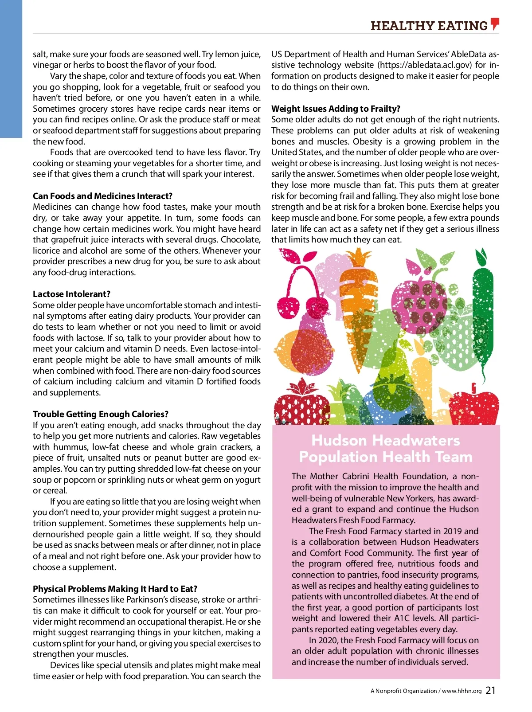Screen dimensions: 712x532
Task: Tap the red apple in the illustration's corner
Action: [473, 406]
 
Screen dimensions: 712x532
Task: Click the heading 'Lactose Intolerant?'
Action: [71, 294]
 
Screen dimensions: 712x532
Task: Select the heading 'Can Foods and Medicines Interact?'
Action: [102, 196]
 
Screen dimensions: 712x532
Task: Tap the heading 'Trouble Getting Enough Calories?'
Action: [101, 414]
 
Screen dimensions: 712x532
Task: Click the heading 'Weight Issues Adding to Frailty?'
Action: [336, 109]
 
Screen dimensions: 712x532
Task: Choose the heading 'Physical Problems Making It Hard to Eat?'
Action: [115, 589]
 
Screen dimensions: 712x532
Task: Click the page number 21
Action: [491, 690]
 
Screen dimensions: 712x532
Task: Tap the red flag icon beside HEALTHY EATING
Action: [495, 24]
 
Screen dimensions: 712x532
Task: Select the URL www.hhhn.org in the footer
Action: [462, 691]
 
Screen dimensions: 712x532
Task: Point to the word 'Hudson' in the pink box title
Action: [340, 440]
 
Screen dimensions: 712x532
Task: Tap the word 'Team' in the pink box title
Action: [453, 457]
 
